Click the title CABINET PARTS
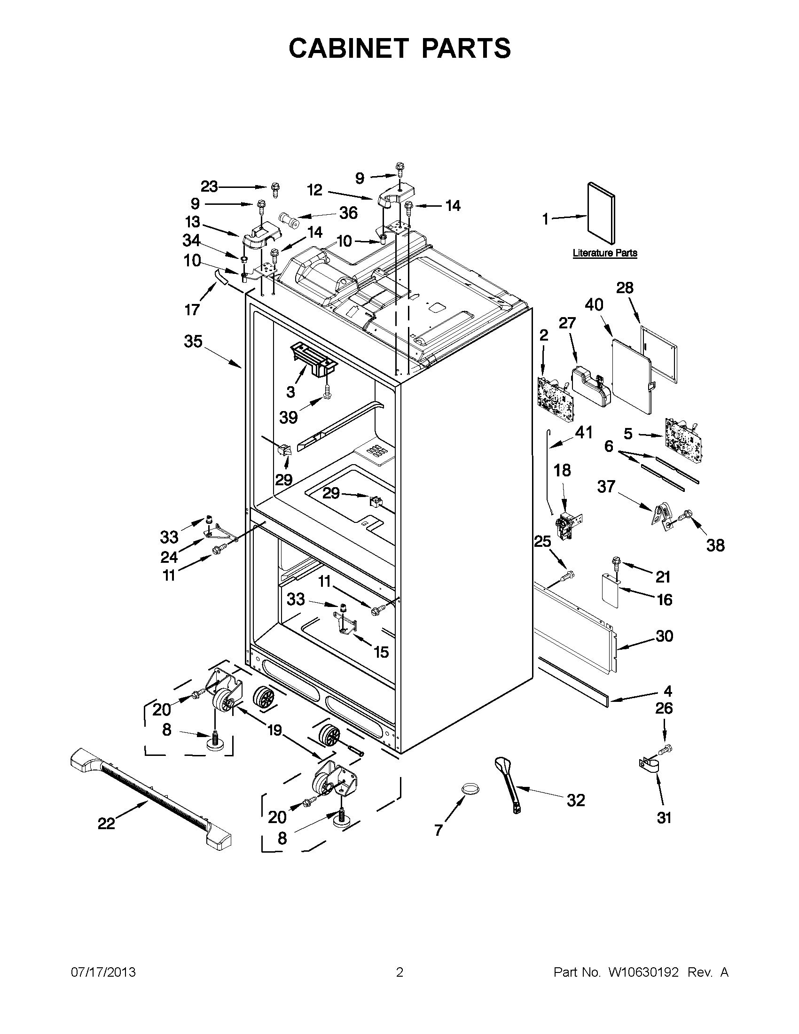click(x=399, y=48)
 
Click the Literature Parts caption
click(x=604, y=253)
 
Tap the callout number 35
click(x=193, y=342)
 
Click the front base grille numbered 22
click(x=150, y=798)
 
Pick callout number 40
click(x=594, y=305)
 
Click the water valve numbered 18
click(x=567, y=526)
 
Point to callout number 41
click(x=583, y=433)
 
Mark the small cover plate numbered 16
click(x=611, y=591)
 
